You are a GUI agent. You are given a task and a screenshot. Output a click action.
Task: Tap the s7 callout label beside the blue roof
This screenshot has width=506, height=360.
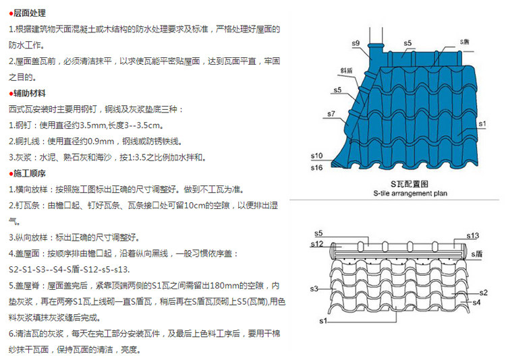point(331,115)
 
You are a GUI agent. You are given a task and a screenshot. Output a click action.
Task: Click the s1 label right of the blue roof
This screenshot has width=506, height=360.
point(482,125)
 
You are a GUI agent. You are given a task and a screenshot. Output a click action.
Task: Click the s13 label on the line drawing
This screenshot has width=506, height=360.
point(472,235)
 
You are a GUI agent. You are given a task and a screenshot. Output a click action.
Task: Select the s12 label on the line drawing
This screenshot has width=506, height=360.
point(319,243)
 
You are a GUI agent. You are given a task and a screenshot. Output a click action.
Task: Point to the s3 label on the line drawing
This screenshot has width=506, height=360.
point(314,289)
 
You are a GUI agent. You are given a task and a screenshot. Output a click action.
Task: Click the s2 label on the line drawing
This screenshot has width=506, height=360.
point(482,293)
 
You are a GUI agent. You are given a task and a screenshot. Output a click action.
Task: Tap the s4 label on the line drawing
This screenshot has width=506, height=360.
point(476,303)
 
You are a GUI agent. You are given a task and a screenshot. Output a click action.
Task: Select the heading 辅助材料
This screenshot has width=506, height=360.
point(30,93)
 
